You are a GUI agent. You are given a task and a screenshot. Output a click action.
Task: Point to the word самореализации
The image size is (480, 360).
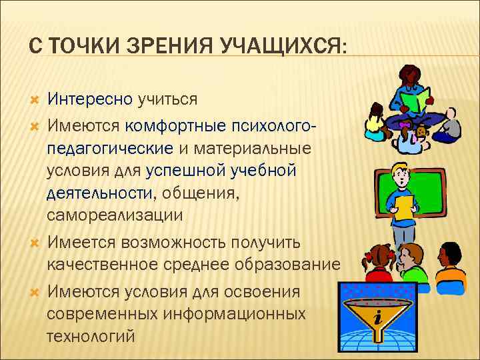click(115, 215)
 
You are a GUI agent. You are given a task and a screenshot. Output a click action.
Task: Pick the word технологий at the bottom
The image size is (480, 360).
click(91, 335)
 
